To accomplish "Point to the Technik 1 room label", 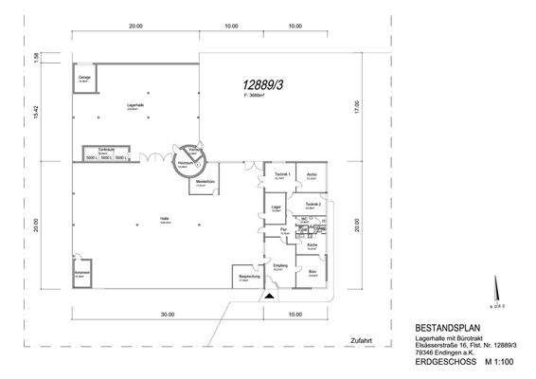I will (x=280, y=175).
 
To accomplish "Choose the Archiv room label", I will (x=310, y=175).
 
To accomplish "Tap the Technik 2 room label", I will (x=314, y=205).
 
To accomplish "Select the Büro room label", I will (x=311, y=272).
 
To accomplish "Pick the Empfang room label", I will (x=280, y=265).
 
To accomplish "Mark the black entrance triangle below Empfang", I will (x=270, y=297).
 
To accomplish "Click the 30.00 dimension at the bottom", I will (x=167, y=314).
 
